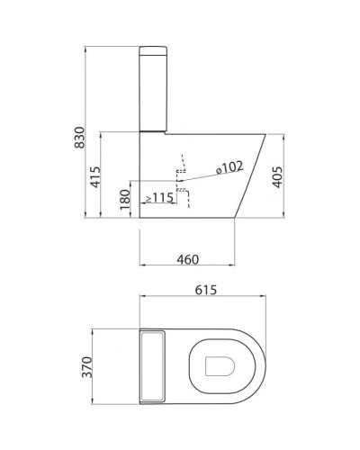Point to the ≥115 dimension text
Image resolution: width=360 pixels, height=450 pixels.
tap(158, 197)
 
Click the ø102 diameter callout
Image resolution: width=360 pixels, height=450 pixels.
tap(229, 166)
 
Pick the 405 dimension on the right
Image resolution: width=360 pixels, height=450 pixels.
tap(280, 175)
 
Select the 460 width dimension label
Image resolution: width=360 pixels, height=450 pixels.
tap(187, 259)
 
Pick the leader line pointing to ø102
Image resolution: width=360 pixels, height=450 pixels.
tap(202, 176)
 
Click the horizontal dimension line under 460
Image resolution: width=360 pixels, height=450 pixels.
tap(187, 266)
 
